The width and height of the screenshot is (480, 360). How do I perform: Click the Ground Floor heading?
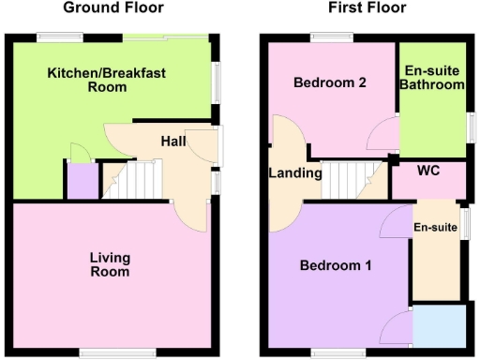pyautogui.click(x=112, y=8)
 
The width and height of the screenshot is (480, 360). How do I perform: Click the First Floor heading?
pyautogui.click(x=367, y=8)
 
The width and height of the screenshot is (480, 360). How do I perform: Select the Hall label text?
pyautogui.click(x=173, y=142)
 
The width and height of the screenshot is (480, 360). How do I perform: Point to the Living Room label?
pyautogui.click(x=110, y=264)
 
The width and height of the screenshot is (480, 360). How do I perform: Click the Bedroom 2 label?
pyautogui.click(x=329, y=82)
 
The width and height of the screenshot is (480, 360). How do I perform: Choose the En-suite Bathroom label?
pyautogui.click(x=432, y=78)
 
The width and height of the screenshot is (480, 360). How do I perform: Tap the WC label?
pyautogui.click(x=428, y=172)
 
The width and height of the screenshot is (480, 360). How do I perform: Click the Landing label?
pyautogui.click(x=295, y=172)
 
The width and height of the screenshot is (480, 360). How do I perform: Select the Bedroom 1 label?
pyautogui.click(x=336, y=265)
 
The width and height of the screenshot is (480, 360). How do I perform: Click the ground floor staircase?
pyautogui.click(x=130, y=179)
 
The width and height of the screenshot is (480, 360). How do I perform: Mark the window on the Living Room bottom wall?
pyautogui.click(x=104, y=352)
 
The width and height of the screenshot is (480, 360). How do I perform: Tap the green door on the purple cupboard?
pyautogui.click(x=75, y=152)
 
